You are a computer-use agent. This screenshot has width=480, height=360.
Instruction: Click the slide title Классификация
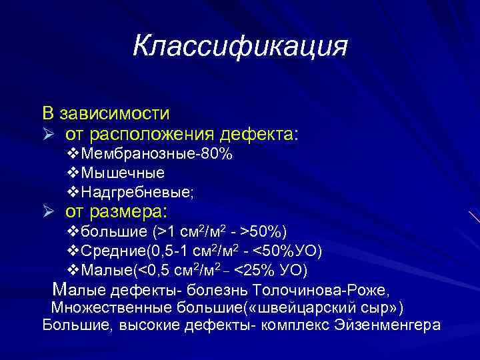(x=240, y=47)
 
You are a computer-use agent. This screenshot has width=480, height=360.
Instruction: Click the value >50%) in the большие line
(x=265, y=232)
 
